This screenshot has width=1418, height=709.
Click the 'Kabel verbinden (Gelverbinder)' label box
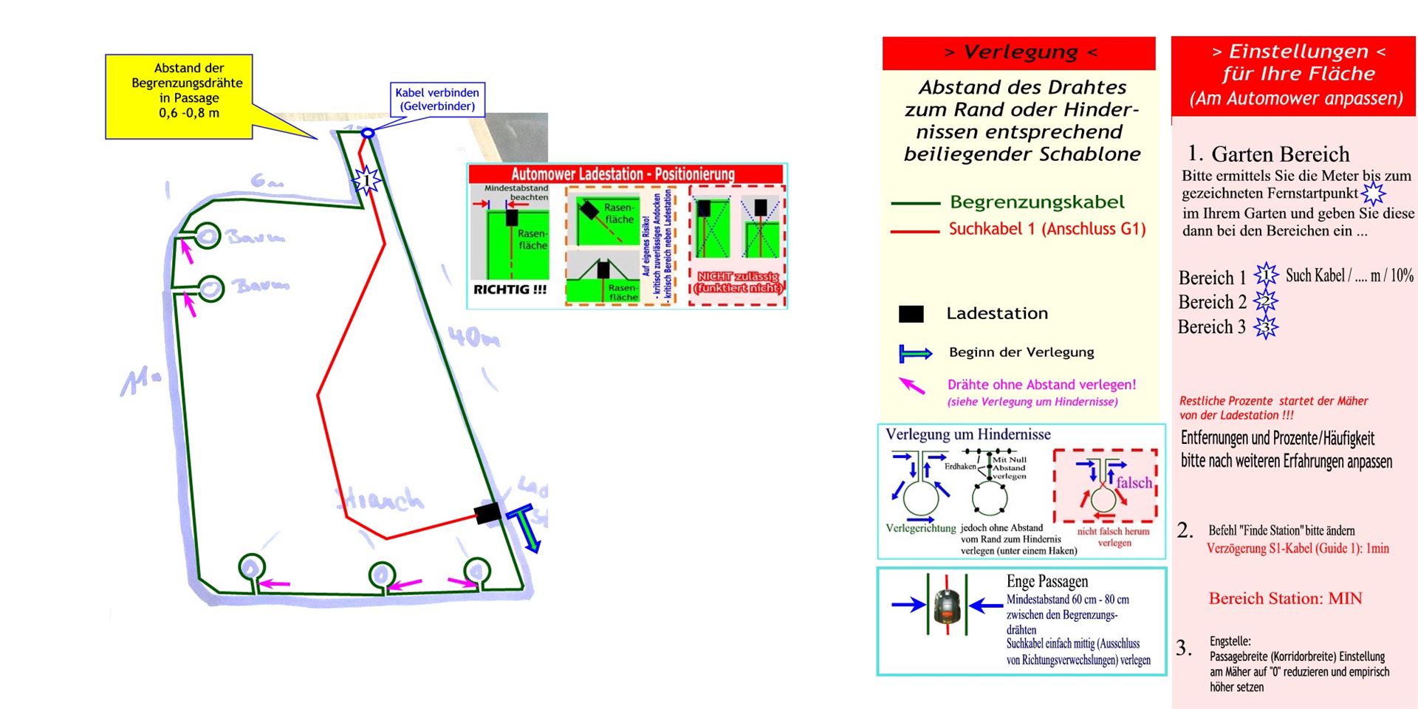[x=437, y=100]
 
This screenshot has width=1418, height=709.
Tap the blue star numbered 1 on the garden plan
[x=366, y=179]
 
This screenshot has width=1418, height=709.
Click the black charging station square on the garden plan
[x=487, y=513]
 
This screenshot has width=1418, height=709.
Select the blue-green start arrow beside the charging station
[x=529, y=527]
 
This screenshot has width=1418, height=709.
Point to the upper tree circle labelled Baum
[x=208, y=236]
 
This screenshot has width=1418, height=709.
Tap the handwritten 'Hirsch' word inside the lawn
[x=381, y=500]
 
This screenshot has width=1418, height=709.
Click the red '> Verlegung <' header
[x=1019, y=52]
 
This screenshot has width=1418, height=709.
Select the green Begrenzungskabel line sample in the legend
[x=914, y=202]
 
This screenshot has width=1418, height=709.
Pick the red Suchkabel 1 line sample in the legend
[x=914, y=231]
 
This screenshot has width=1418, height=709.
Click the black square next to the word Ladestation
[x=911, y=314]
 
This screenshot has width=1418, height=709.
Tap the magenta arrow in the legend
[x=912, y=385]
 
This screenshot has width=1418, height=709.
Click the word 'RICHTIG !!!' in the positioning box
[x=510, y=290]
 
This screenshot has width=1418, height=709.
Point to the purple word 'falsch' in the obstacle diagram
[x=1134, y=483]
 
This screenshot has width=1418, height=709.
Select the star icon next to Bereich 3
[x=1266, y=326]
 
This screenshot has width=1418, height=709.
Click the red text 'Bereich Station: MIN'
[x=1285, y=598]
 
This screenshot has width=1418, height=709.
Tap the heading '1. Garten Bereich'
[x=1268, y=154]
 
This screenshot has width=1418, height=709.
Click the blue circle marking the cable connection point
[x=367, y=133]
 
